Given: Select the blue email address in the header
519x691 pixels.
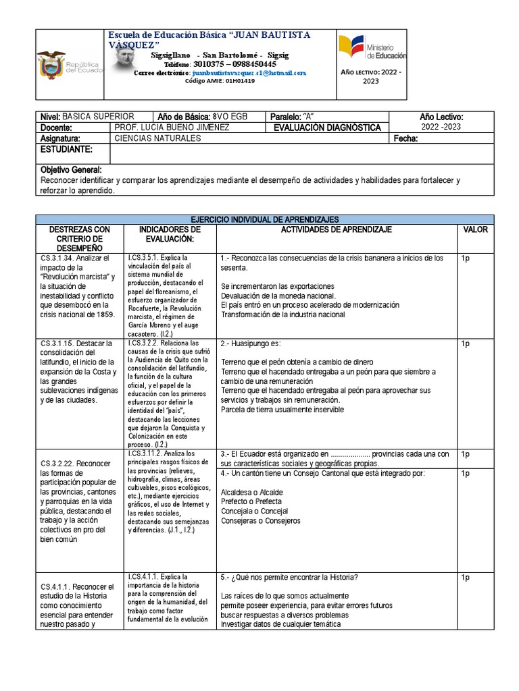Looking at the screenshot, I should pos(249,72).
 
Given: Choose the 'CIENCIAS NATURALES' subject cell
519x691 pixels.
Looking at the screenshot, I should pos(158,138).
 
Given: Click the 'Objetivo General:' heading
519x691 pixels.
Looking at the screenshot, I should pos(72,170).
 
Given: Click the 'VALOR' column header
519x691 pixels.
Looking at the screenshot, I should pos(475,229).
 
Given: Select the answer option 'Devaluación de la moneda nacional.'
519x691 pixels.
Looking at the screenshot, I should pos(278,296).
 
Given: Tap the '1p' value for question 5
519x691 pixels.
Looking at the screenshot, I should pos(465,577).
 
